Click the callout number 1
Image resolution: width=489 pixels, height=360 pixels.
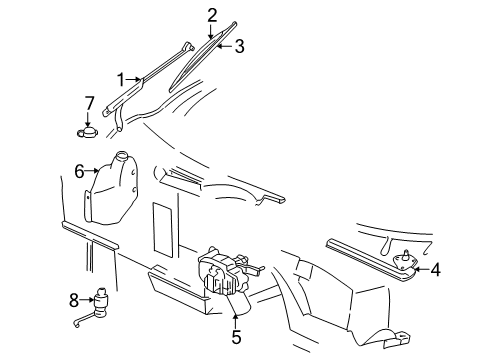[121, 80]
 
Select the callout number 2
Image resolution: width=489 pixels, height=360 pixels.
[212, 14]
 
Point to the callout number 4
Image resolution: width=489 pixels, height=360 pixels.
[435, 268]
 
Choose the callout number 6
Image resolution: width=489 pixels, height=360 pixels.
[78, 171]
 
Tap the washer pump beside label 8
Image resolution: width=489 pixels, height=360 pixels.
[102, 301]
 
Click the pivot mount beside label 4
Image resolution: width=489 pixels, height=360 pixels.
[406, 265]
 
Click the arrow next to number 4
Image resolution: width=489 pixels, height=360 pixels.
[421, 268]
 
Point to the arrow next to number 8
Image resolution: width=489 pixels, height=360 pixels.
[86, 297]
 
